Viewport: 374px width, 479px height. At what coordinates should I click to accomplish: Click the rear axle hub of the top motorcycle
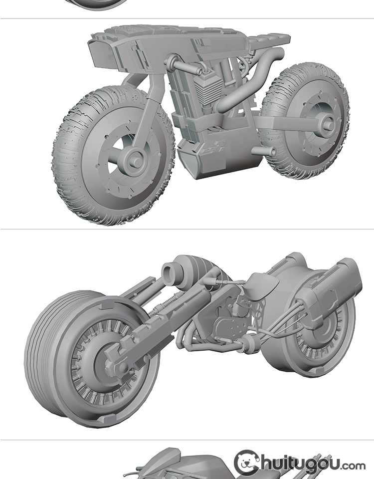click(x=327, y=125)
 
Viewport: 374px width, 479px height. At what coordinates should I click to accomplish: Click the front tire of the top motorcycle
click(x=113, y=156)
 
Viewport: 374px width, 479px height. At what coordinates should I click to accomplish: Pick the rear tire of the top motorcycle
click(x=305, y=121)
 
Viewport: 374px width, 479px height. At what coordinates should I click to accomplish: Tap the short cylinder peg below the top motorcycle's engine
click(x=263, y=151)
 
